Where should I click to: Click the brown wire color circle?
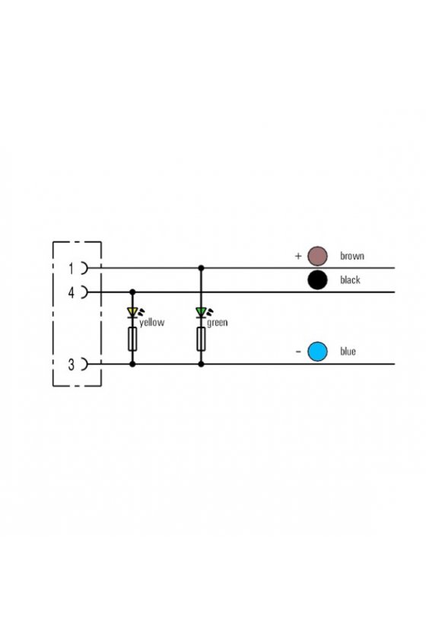(317, 256)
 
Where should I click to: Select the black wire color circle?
(317, 280)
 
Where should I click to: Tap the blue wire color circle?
(317, 352)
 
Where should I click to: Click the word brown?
(352, 256)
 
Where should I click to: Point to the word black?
(350, 280)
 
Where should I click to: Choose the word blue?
(348, 352)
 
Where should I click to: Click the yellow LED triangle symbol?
(132, 312)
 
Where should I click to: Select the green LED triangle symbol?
(201, 312)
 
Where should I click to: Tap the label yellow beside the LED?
(151, 323)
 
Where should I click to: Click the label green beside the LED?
(218, 323)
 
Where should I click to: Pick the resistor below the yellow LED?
(132, 339)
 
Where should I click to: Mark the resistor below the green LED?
(201, 339)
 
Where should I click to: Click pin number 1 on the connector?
(72, 269)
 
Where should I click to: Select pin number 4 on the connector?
(72, 292)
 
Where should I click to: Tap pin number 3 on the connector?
(72, 365)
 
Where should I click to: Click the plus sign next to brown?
(298, 256)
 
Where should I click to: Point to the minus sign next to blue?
(298, 352)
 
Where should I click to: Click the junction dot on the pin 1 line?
(201, 268)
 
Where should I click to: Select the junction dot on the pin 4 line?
(132, 292)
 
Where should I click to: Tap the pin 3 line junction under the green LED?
(201, 364)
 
